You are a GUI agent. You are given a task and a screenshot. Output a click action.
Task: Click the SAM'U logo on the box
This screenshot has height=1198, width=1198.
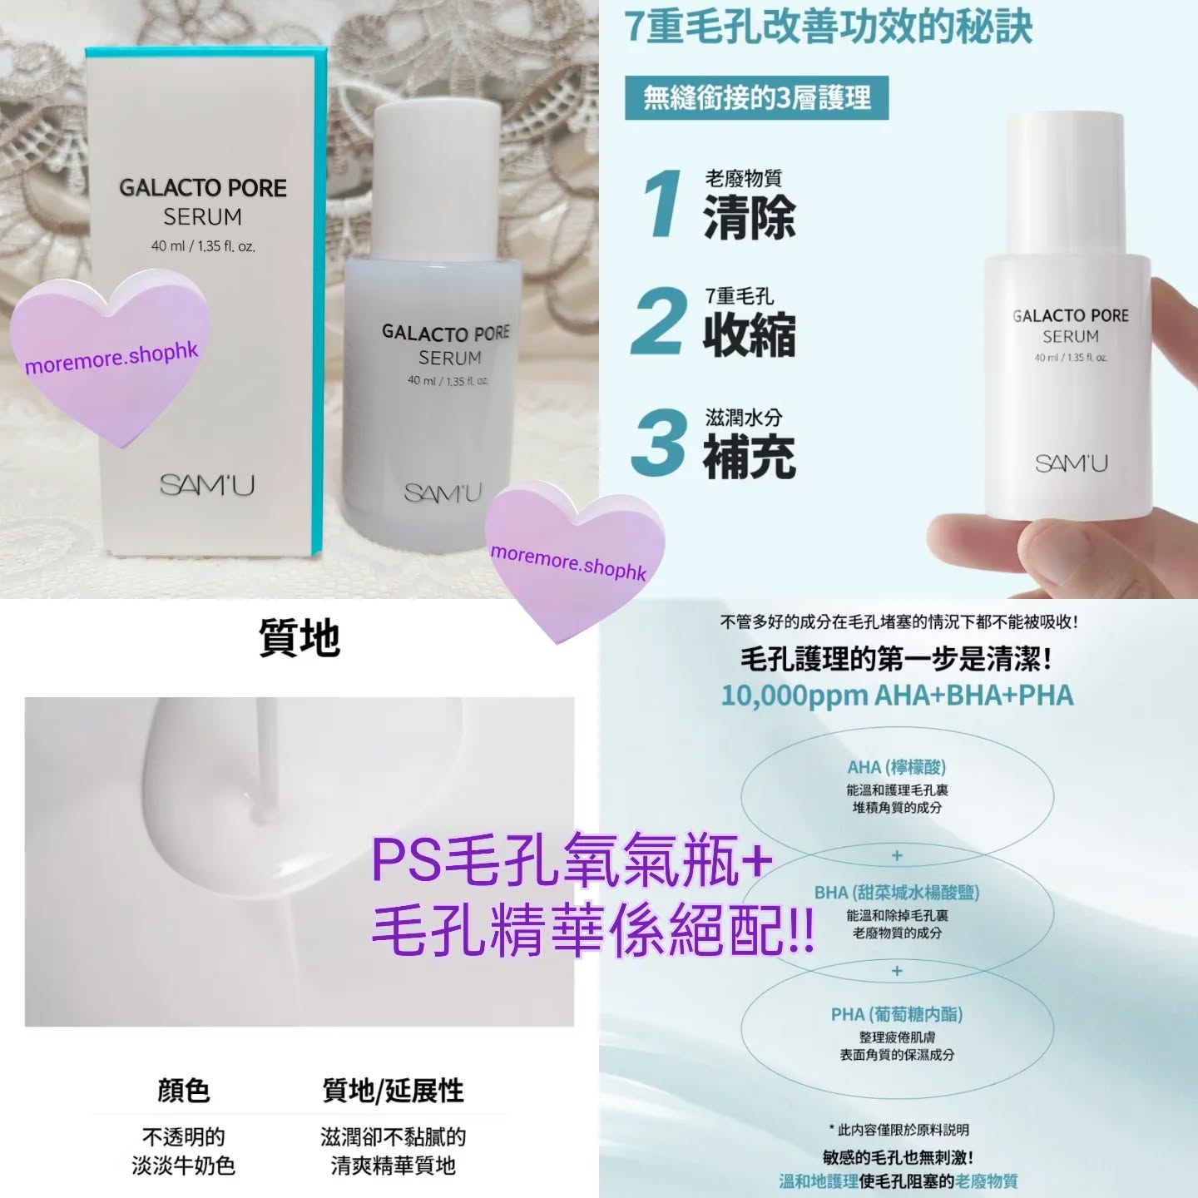207,484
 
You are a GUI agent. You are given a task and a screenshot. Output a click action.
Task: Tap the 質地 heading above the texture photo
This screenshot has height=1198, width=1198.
299,639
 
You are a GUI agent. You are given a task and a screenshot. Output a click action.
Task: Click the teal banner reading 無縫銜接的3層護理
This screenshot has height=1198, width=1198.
756,98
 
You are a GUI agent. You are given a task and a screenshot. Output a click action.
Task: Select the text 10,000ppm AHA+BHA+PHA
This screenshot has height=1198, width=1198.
897,696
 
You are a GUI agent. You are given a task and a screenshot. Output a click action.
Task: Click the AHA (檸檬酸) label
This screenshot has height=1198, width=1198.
896,767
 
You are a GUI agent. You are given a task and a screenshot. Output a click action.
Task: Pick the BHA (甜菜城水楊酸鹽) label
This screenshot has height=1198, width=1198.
896,893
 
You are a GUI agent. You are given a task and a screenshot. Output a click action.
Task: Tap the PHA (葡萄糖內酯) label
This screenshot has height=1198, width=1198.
896,1014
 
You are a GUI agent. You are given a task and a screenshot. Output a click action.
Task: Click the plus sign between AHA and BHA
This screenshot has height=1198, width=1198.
897,855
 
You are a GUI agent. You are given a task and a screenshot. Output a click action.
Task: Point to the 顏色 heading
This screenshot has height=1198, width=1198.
183,1091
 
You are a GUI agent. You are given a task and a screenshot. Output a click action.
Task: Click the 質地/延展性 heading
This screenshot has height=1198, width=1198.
393,1091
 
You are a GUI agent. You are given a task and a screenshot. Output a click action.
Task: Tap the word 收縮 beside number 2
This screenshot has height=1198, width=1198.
750,334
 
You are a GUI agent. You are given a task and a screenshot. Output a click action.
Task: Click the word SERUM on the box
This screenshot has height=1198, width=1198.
202,217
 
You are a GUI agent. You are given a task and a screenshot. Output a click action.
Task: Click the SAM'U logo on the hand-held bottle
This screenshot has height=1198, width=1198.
1072,463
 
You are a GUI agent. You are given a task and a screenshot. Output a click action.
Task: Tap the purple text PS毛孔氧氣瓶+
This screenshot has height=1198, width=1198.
572,863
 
